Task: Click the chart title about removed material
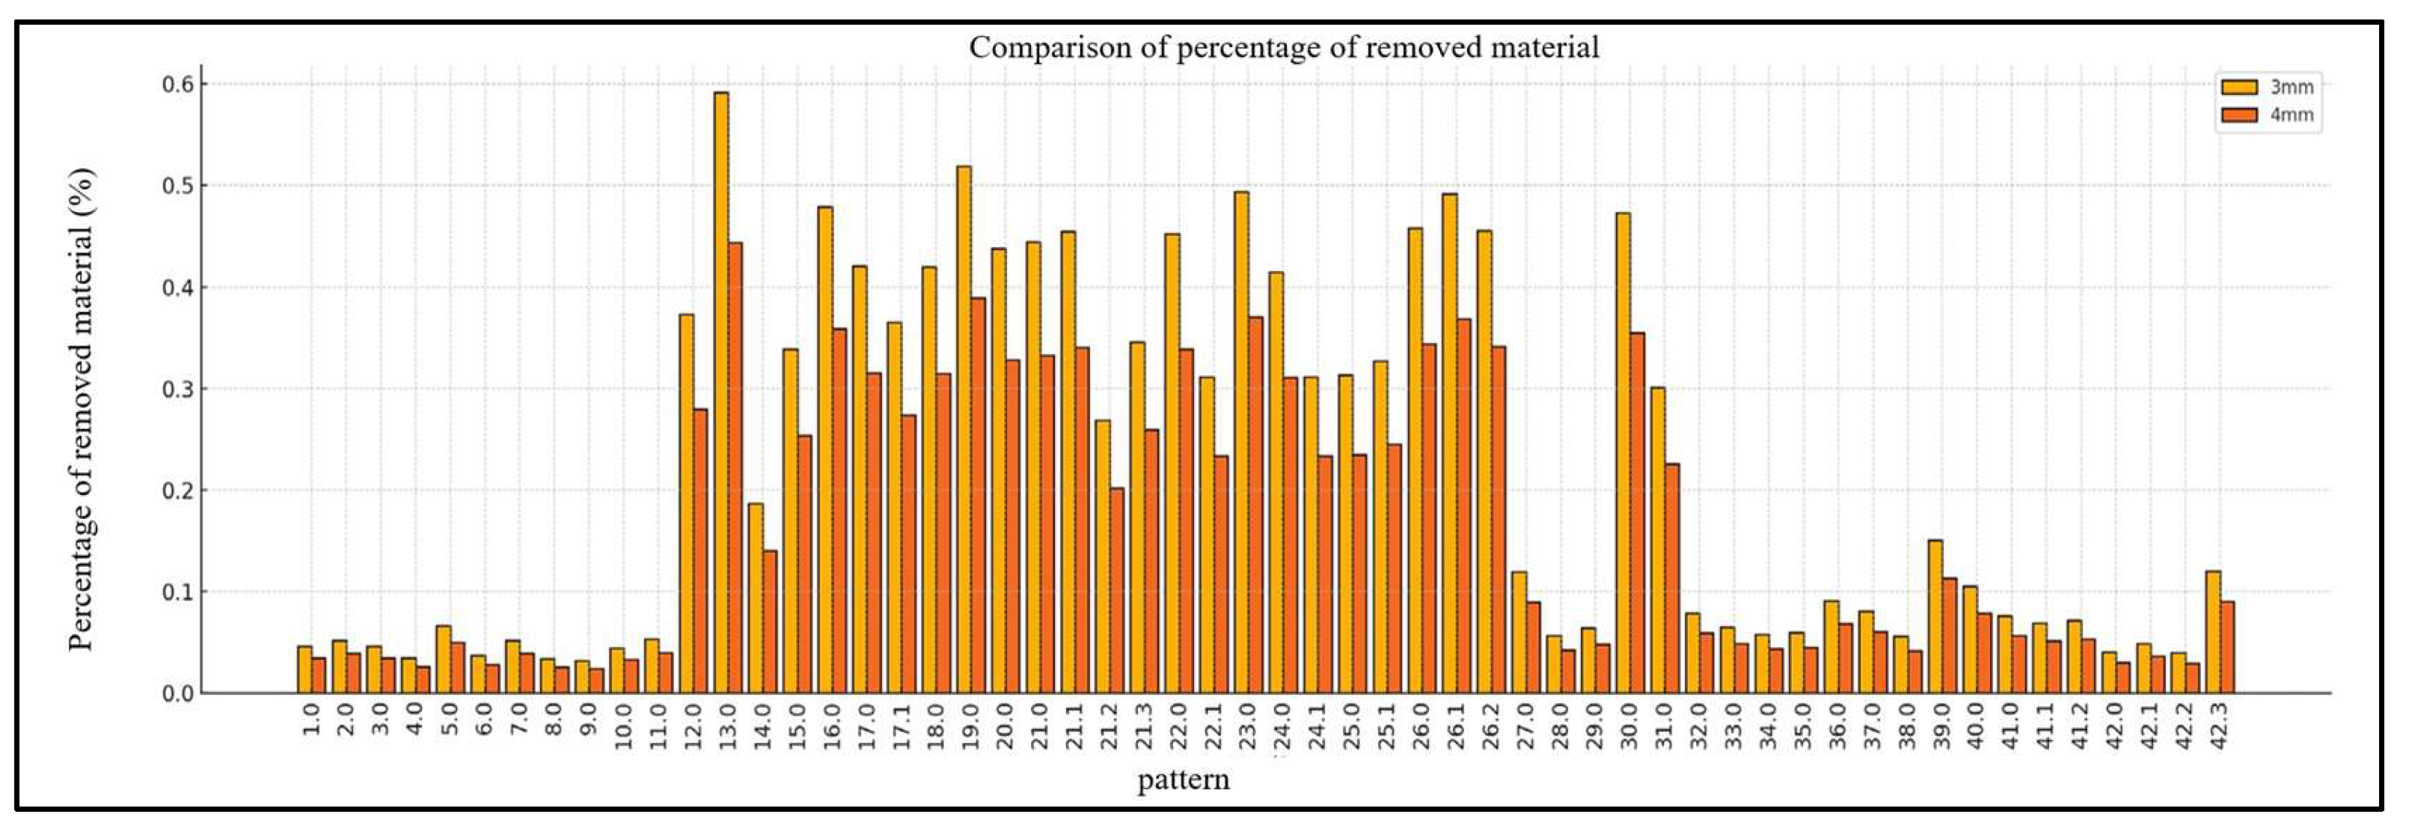coord(1283,46)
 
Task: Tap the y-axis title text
coord(82,409)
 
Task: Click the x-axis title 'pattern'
coord(1183,779)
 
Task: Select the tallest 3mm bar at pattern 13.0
coord(721,392)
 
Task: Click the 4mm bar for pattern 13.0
coord(735,468)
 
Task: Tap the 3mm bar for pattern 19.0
coord(964,430)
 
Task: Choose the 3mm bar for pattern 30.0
coord(1623,453)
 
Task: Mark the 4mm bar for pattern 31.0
coord(1672,578)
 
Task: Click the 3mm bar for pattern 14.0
coord(756,598)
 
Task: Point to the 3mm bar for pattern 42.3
coord(2213,632)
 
